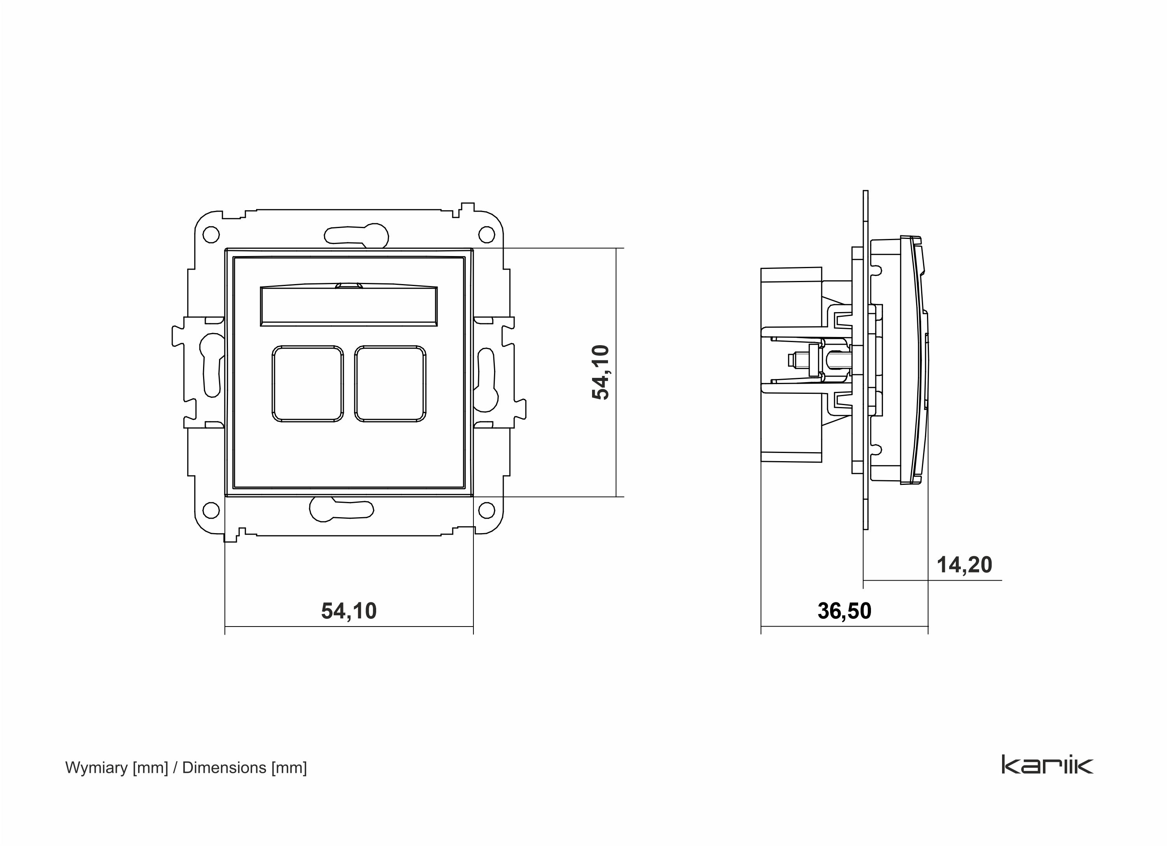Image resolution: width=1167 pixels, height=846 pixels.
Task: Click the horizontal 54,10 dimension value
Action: (x=349, y=611)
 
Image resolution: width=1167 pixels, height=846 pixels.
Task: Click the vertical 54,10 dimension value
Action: (x=601, y=372)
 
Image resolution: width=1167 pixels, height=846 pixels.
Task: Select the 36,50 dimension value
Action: (x=845, y=611)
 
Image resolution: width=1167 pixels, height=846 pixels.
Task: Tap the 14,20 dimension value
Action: (x=964, y=565)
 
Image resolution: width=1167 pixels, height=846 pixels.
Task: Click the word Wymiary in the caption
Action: (x=96, y=768)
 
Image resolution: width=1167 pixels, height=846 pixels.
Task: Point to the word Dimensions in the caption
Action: (x=224, y=768)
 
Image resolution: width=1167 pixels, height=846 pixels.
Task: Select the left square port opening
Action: (x=308, y=384)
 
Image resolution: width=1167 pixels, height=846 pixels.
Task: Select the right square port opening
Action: (x=391, y=384)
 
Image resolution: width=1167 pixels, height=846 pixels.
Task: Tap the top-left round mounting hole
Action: (x=210, y=235)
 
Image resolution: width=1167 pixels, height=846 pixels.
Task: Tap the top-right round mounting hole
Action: (x=486, y=235)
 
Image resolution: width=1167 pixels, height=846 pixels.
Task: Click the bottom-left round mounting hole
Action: (x=211, y=511)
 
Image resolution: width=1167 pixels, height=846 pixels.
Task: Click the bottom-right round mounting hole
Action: (x=486, y=511)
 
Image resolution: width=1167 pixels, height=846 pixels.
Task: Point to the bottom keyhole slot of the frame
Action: (x=341, y=509)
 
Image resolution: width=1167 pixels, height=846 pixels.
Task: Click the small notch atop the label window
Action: (x=349, y=284)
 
